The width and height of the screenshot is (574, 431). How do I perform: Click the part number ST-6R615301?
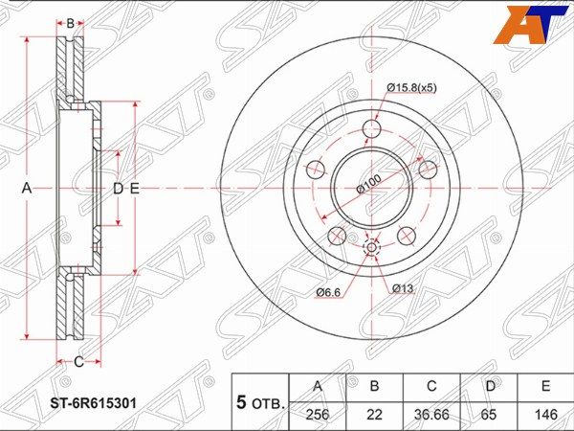93,403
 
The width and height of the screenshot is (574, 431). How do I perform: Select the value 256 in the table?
318,414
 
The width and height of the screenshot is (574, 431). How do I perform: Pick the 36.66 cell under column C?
431,414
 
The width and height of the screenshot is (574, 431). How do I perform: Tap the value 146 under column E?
545,414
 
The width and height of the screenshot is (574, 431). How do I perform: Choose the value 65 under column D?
489,414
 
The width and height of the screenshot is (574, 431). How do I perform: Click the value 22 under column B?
374,414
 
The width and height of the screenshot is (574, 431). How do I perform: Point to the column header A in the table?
318,386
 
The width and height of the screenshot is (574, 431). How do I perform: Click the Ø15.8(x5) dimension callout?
411,88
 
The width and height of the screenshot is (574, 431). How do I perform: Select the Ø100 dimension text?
368,184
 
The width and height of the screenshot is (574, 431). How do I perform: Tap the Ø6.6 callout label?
328,292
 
